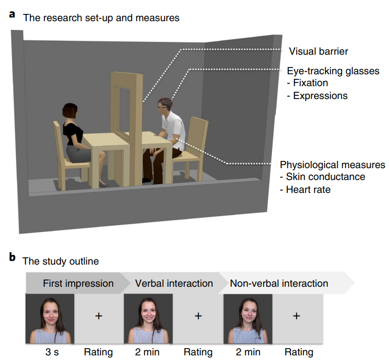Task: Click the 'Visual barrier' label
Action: [318, 51]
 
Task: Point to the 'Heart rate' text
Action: [308, 189]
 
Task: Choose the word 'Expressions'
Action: [320, 95]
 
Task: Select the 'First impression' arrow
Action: [78, 283]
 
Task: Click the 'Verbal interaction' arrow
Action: [173, 283]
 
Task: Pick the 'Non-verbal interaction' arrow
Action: [279, 283]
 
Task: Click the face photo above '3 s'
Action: [50, 319]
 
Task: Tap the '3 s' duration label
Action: [50, 352]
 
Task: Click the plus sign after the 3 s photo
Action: [99, 316]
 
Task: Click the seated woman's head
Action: [71, 111]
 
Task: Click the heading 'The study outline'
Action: [60, 261]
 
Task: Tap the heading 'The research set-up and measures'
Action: [101, 18]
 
